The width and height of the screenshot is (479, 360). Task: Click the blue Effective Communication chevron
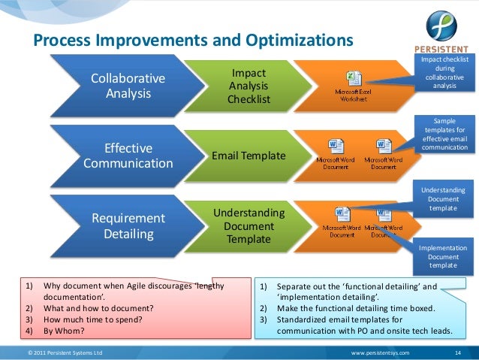point(128,156)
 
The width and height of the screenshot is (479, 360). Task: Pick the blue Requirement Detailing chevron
point(128,225)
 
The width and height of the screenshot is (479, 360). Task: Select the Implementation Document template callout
point(447,256)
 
